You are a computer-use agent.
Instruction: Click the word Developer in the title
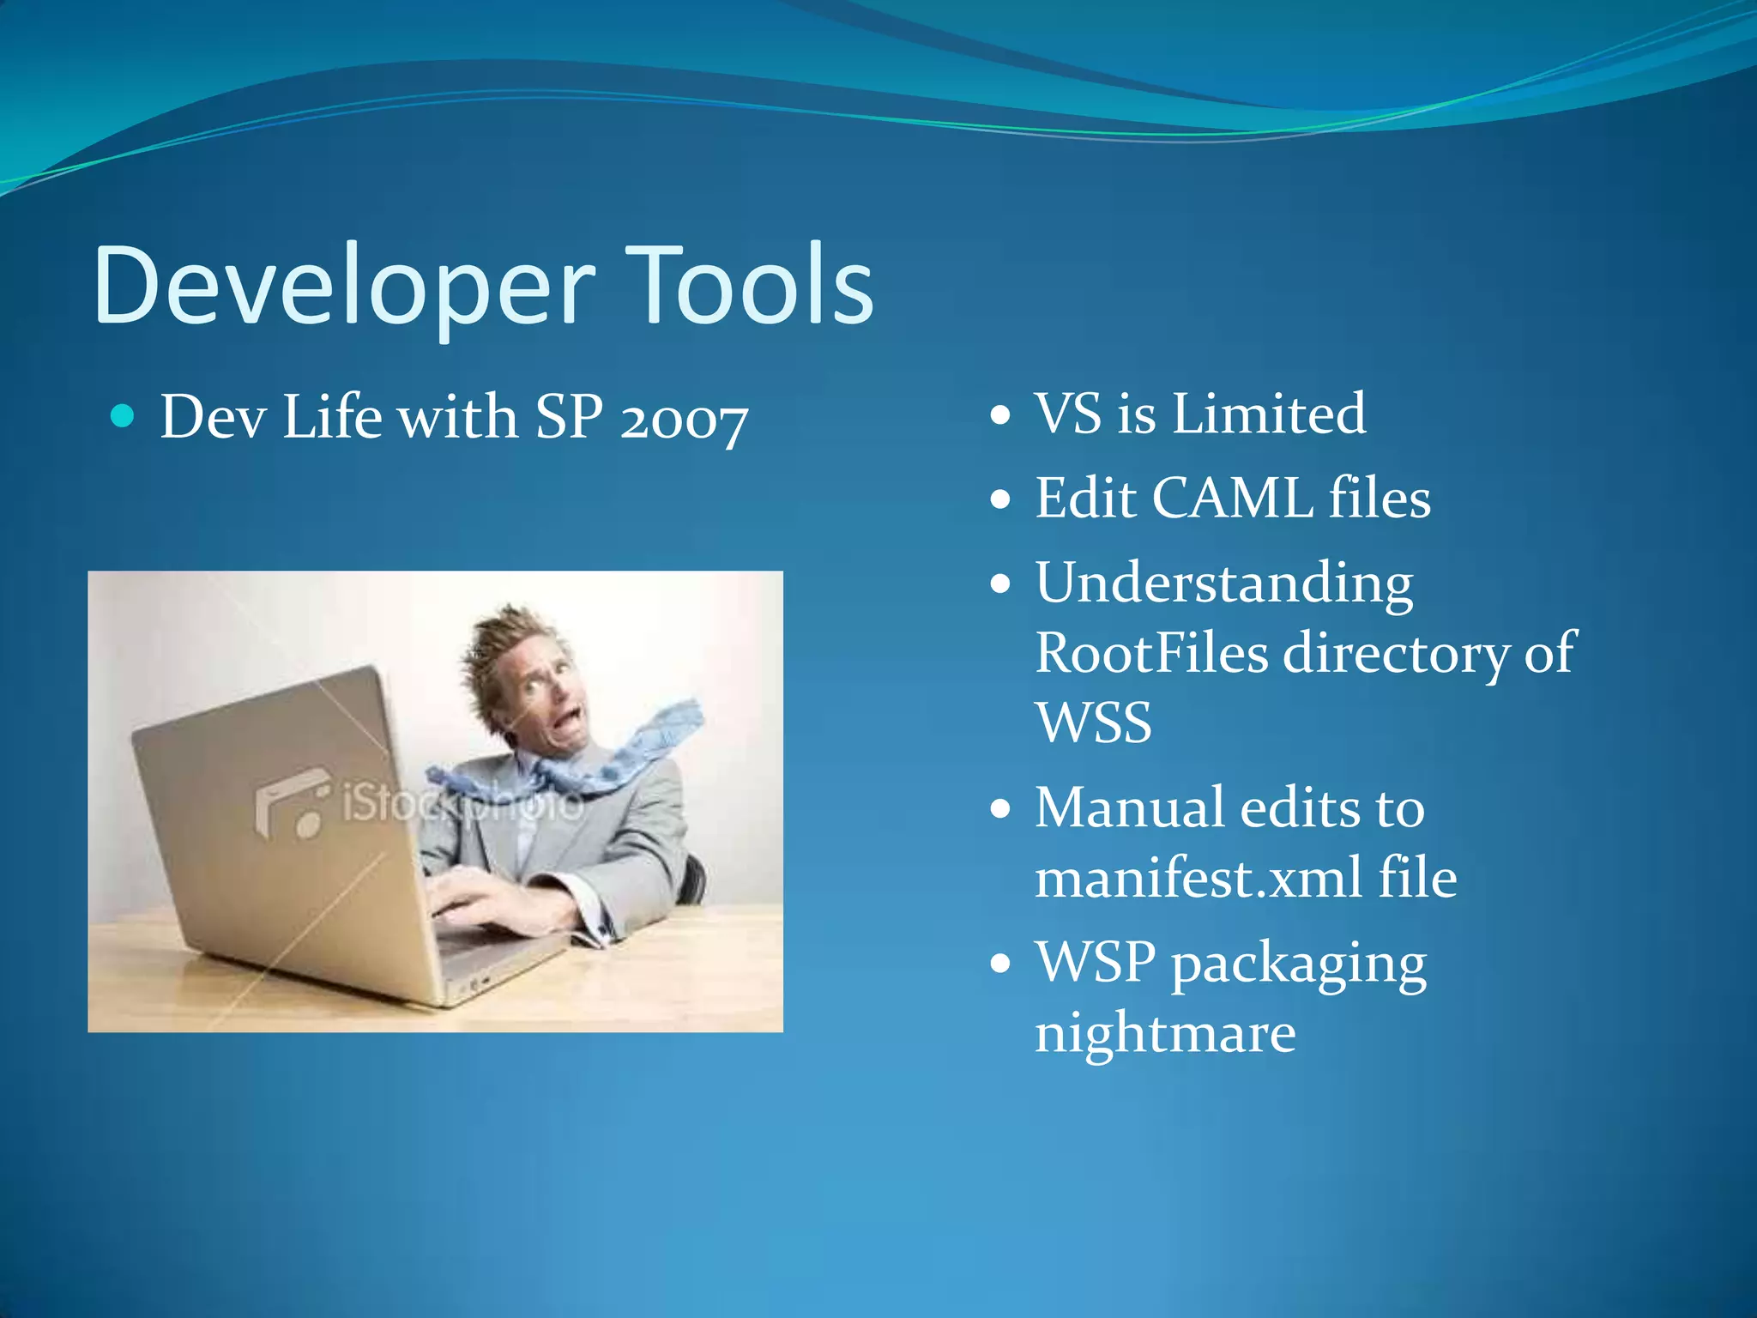tap(343, 286)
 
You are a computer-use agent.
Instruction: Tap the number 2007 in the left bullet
tap(684, 420)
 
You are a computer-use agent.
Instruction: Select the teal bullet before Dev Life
tap(124, 416)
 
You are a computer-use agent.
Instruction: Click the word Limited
tap(1269, 414)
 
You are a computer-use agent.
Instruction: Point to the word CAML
tap(1232, 498)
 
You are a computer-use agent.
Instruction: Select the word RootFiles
tap(1151, 654)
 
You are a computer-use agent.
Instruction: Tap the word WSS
tap(1093, 722)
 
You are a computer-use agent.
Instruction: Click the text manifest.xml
tap(1198, 878)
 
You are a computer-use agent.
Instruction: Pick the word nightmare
tap(1164, 1033)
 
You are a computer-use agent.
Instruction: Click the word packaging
tap(1299, 964)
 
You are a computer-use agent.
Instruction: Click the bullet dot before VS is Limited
tap(1000, 416)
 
